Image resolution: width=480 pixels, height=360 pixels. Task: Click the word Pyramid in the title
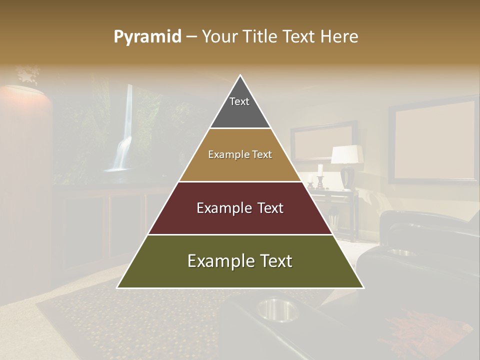[x=147, y=37]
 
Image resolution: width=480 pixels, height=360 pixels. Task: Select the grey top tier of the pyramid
[x=240, y=110]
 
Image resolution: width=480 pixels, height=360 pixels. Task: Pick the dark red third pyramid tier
[x=240, y=220]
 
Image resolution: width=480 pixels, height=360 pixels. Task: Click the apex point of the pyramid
[x=240, y=76]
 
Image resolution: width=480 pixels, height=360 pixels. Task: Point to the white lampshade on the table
[x=347, y=154]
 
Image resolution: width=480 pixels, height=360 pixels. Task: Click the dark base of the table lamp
[x=347, y=177]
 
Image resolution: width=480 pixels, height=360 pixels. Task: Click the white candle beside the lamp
[x=320, y=169]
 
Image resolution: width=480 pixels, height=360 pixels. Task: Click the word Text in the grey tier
[x=239, y=101]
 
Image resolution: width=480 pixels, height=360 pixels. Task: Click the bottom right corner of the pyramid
[x=363, y=287]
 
